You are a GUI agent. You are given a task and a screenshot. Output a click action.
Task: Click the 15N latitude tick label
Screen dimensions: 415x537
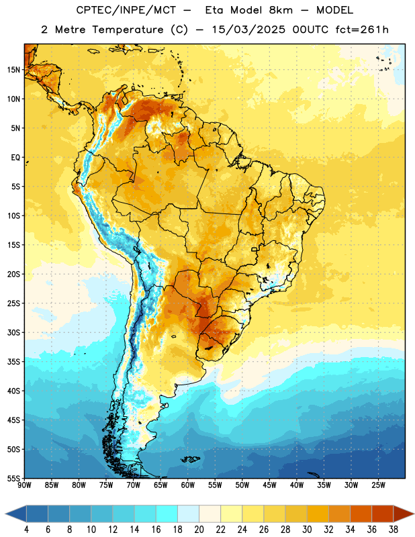[13, 70]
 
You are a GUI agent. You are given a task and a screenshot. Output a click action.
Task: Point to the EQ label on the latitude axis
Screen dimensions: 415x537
[15, 158]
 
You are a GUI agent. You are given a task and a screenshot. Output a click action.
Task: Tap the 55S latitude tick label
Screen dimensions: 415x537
[13, 478]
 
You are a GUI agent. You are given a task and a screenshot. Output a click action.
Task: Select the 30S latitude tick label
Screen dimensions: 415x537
[13, 332]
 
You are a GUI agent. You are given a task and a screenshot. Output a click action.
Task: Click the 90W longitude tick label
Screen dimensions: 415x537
[24, 485]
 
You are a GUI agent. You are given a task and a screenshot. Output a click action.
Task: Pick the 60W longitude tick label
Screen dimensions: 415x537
[188, 485]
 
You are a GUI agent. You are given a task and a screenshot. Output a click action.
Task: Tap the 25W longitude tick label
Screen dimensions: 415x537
[378, 485]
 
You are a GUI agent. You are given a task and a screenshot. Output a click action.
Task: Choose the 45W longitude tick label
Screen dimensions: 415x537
[269, 485]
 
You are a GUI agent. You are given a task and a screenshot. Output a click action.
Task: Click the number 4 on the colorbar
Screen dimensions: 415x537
[26, 530]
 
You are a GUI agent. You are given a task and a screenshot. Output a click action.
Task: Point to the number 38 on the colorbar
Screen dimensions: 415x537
[394, 530]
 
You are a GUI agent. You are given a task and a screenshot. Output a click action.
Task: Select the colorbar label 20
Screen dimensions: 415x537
[199, 530]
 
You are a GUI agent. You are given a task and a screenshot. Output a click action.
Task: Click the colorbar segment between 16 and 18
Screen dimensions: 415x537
[167, 514]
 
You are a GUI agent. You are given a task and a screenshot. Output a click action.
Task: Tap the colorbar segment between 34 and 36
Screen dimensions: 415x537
[361, 514]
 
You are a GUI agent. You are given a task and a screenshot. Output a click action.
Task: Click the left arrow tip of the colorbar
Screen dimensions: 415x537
[5, 514]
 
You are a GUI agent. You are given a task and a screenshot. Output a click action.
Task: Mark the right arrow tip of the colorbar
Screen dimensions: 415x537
[414, 514]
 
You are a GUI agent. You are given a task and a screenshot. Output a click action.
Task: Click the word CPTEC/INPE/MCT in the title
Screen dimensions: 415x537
[126, 10]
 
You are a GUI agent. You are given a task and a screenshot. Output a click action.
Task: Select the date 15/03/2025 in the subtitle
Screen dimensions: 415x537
[248, 30]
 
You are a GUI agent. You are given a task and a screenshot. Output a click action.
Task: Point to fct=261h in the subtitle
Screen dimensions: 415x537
[362, 30]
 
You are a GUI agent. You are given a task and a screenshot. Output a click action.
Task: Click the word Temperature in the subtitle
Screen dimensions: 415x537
[128, 30]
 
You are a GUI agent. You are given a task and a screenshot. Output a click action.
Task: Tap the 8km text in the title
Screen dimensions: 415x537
[281, 10]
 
